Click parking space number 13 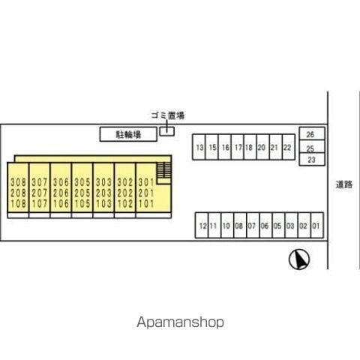pos(199,147)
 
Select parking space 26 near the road pos(312,133)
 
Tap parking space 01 pos(317,226)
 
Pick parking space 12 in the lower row pos(202,226)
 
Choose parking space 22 pos(289,147)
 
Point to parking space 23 pos(312,159)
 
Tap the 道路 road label pos(344,184)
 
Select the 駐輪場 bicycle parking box pos(128,134)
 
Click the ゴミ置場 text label pos(168,115)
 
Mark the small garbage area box pos(167,131)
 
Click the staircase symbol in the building pos(163,170)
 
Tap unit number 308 pos(18,182)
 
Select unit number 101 pos(146,204)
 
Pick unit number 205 pos(82,193)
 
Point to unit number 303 pos(103,182)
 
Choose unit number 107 pos(40,204)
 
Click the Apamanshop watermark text pos(180,322)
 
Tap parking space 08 pos(240,226)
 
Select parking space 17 pos(238,147)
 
